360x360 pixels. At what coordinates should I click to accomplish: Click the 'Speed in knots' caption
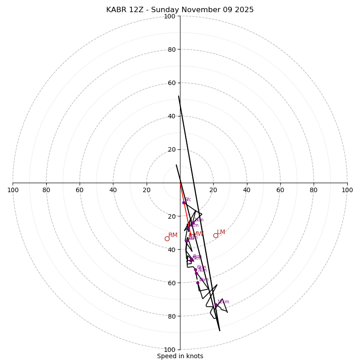(180, 356)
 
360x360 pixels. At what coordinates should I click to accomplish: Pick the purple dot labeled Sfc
(184, 202)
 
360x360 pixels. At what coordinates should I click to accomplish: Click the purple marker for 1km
(193, 223)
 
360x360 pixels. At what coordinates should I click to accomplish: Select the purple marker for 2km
(189, 228)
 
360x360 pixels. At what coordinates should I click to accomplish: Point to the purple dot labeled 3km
(187, 240)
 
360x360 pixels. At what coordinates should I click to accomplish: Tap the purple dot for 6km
(195, 270)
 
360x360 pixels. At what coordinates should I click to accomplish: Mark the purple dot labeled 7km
(196, 273)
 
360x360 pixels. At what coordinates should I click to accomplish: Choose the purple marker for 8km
(198, 283)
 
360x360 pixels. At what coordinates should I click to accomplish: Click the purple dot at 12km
(216, 305)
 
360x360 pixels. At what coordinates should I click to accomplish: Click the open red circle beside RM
(167, 238)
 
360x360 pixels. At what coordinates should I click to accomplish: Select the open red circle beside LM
(216, 235)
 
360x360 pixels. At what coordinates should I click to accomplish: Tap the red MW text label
(198, 234)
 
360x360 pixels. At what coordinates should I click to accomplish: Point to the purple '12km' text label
(223, 302)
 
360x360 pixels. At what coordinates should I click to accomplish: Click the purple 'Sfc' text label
(188, 199)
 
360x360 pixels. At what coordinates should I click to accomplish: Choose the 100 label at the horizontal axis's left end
(13, 190)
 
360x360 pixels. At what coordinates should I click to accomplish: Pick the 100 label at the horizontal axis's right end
(347, 190)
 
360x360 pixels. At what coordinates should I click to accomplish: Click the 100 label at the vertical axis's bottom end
(169, 350)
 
